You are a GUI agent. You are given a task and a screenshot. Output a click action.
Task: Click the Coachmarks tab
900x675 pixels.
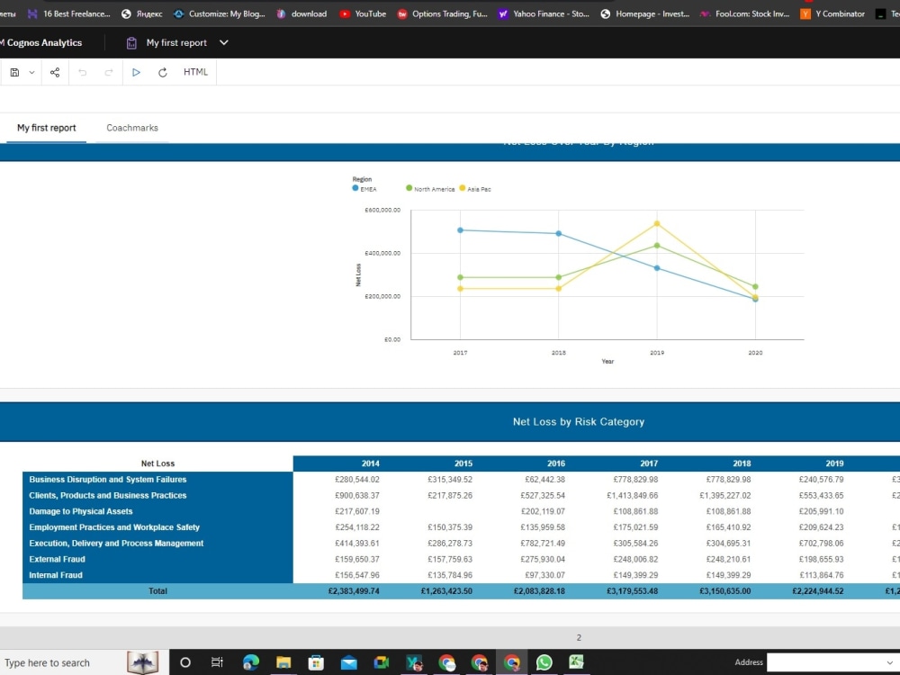pyautogui.click(x=132, y=128)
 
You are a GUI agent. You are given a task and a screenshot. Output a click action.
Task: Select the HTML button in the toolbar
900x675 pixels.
pyautogui.click(x=195, y=72)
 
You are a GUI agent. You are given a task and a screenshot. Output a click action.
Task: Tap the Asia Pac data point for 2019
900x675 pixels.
pyautogui.click(x=657, y=223)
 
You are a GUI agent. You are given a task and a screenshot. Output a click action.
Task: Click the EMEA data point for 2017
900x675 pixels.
pyautogui.click(x=460, y=230)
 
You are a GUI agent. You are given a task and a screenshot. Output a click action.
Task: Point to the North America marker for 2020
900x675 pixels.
pyautogui.click(x=755, y=286)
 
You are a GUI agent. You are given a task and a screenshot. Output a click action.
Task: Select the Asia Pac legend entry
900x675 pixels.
pyautogui.click(x=475, y=189)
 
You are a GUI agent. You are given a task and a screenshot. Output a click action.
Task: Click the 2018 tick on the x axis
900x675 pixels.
pyautogui.click(x=559, y=353)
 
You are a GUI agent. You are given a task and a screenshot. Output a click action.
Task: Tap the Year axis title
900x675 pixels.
pyautogui.click(x=607, y=362)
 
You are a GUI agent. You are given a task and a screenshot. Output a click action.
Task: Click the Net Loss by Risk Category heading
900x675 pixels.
pyautogui.click(x=579, y=421)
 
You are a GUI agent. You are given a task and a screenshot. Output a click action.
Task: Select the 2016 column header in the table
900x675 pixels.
pyautogui.click(x=556, y=463)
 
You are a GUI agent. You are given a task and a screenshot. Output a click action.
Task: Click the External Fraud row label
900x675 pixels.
pyautogui.click(x=57, y=559)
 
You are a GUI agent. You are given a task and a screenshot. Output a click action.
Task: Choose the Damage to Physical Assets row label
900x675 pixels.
pyautogui.click(x=81, y=511)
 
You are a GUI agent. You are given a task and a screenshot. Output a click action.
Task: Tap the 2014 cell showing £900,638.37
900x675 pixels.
pyautogui.click(x=356, y=496)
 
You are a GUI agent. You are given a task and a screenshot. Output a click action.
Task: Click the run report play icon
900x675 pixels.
pyautogui.click(x=136, y=72)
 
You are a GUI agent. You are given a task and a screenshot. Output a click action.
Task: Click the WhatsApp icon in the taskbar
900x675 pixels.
pyautogui.click(x=544, y=662)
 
